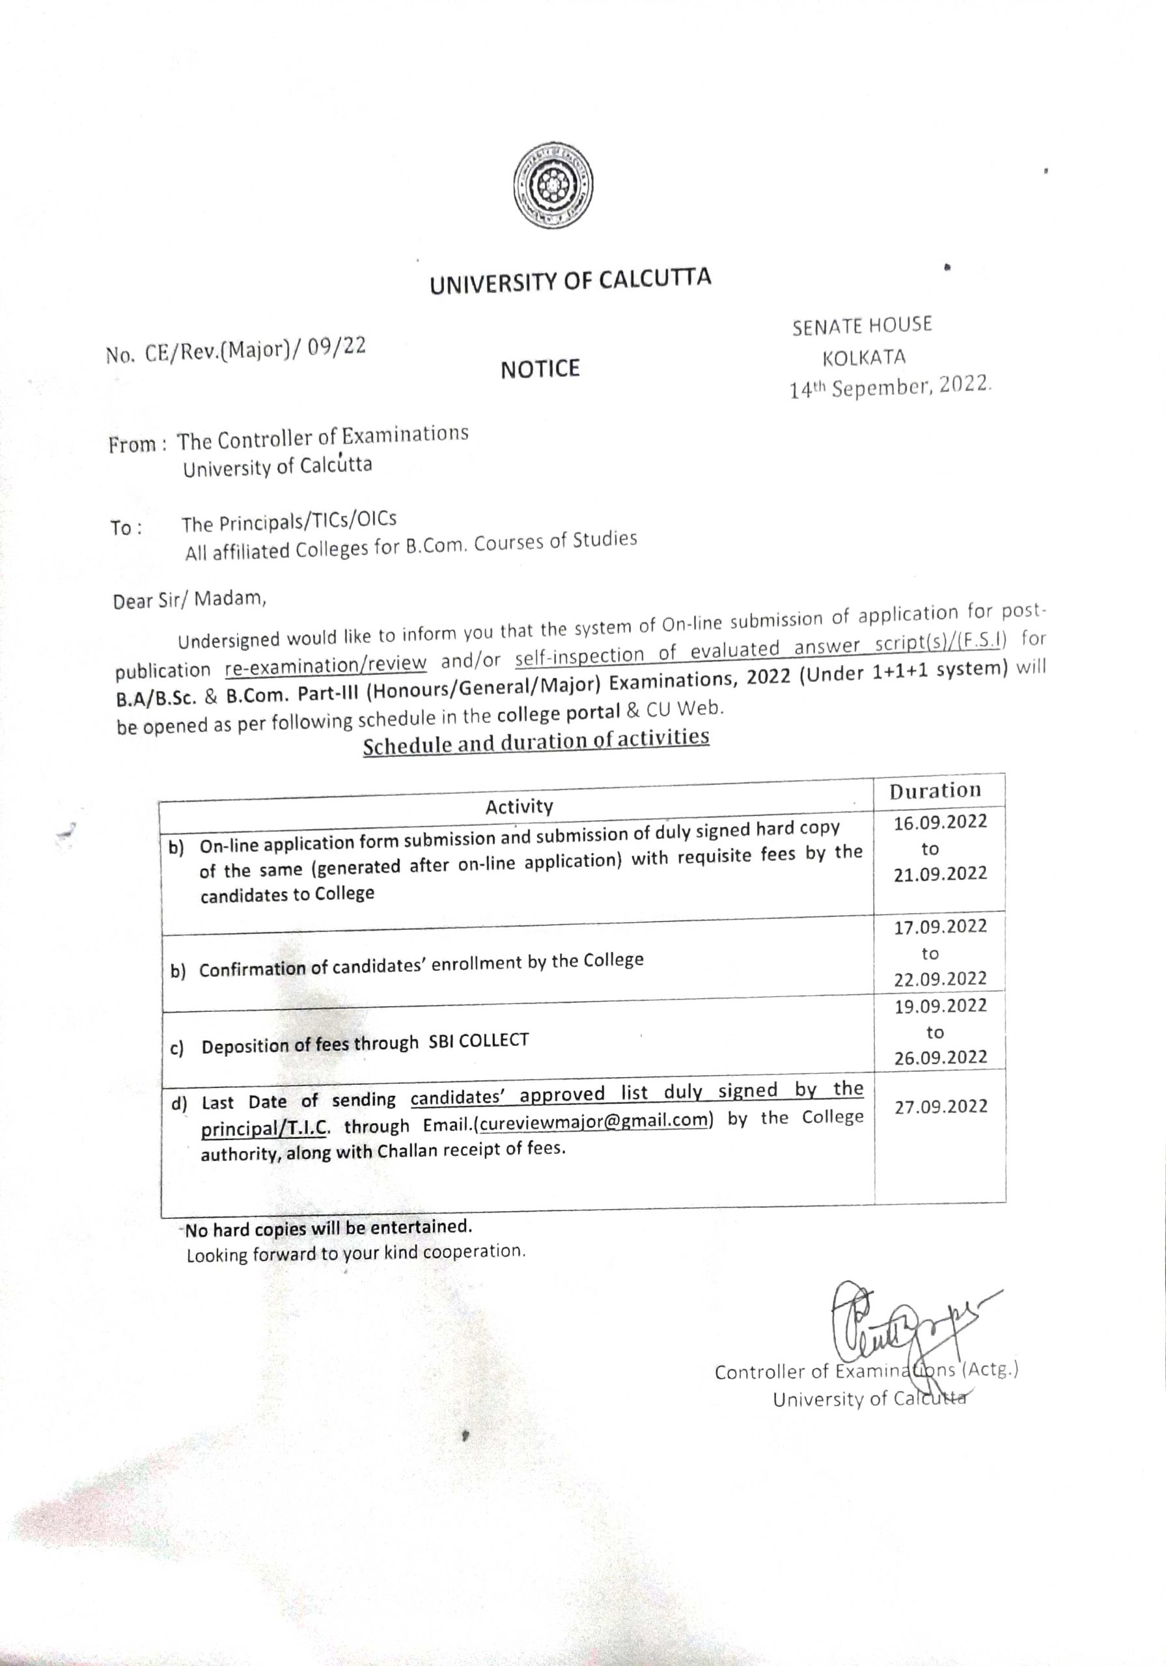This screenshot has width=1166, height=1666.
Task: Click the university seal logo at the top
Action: pyautogui.click(x=553, y=184)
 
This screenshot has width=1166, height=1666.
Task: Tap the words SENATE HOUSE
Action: pyautogui.click(x=862, y=326)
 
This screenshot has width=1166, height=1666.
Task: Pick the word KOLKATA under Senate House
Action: pyautogui.click(x=864, y=358)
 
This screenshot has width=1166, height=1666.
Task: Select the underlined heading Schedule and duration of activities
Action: pyautogui.click(x=536, y=742)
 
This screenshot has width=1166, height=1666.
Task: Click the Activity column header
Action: pyautogui.click(x=519, y=806)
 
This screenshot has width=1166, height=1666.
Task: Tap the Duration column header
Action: pyautogui.click(x=935, y=790)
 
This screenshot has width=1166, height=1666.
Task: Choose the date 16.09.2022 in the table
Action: pyautogui.click(x=940, y=822)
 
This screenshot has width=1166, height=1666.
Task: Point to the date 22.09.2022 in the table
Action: pyautogui.click(x=940, y=979)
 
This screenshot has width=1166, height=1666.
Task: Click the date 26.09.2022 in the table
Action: pyautogui.click(x=940, y=1058)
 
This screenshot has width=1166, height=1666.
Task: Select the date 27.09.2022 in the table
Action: pyautogui.click(x=940, y=1106)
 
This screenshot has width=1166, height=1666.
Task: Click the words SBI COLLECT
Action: pyautogui.click(x=479, y=1041)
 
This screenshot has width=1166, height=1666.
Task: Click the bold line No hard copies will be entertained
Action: pyautogui.click(x=329, y=1228)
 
